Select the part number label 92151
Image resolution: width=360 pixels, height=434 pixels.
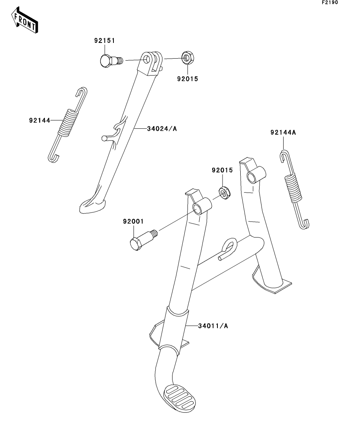tap(104, 41)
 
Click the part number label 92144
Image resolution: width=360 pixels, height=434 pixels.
tap(39, 120)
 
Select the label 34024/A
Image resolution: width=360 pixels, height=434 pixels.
tap(161, 128)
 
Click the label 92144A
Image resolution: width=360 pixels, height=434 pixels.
tap(283, 133)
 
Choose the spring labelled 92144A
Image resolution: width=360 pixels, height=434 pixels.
tap(295, 189)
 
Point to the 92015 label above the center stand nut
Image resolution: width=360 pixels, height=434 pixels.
tap(223, 170)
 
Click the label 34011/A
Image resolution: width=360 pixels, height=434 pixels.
tap(213, 325)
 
